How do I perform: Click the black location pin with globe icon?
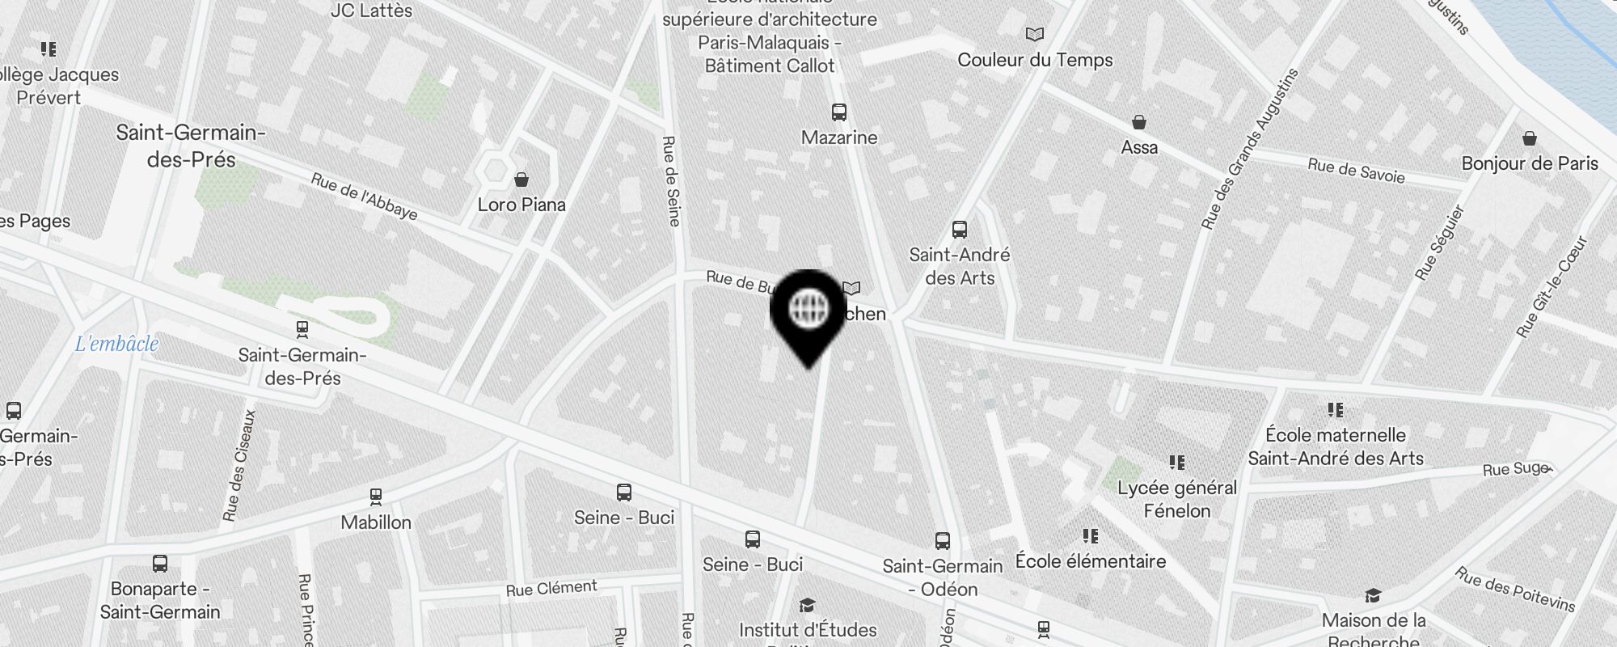coord(808,312)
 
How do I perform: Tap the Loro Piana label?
coord(521,205)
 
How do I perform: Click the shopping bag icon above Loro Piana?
coord(521,179)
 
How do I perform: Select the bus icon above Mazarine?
coord(839,112)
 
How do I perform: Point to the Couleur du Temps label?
coord(1035,60)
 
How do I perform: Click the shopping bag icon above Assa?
coord(1139,123)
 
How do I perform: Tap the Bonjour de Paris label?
coord(1530,163)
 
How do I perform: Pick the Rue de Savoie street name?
coord(1356,171)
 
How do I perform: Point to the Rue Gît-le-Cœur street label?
coord(1552,287)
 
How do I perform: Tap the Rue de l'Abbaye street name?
coord(364,197)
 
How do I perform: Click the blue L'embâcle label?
coord(116,344)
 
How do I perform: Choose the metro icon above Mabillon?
coord(375,496)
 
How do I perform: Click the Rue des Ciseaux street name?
coord(240,465)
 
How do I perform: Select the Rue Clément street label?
coord(551,588)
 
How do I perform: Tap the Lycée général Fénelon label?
coord(1177,499)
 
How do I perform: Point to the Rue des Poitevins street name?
coord(1515,589)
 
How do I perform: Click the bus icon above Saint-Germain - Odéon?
coord(942,541)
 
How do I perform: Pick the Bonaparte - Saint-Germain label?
coord(160,600)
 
